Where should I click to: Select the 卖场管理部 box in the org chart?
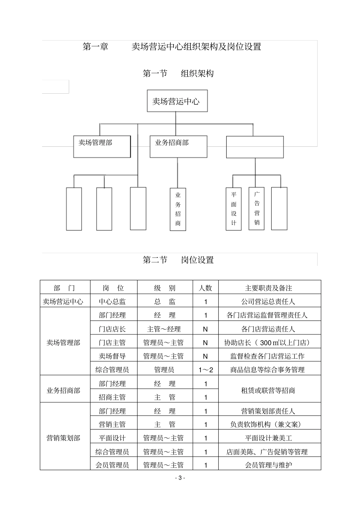click(102, 146)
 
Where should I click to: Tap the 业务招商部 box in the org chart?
click(178, 146)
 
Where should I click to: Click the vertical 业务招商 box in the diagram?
click(178, 209)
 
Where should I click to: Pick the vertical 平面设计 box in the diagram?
click(234, 209)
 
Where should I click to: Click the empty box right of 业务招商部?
click(255, 147)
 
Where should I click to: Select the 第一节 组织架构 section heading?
click(178, 73)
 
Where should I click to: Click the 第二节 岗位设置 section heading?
click(178, 260)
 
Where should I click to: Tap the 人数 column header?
click(205, 288)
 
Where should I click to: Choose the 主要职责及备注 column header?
click(269, 288)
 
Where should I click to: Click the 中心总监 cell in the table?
click(113, 301)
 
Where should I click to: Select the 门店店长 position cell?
click(113, 329)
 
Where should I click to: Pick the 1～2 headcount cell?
click(205, 370)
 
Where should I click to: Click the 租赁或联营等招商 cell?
click(269, 390)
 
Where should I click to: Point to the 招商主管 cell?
click(113, 397)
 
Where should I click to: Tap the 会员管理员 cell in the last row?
click(113, 465)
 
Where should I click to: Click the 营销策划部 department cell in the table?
click(64, 438)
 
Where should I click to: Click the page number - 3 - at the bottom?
click(180, 478)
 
